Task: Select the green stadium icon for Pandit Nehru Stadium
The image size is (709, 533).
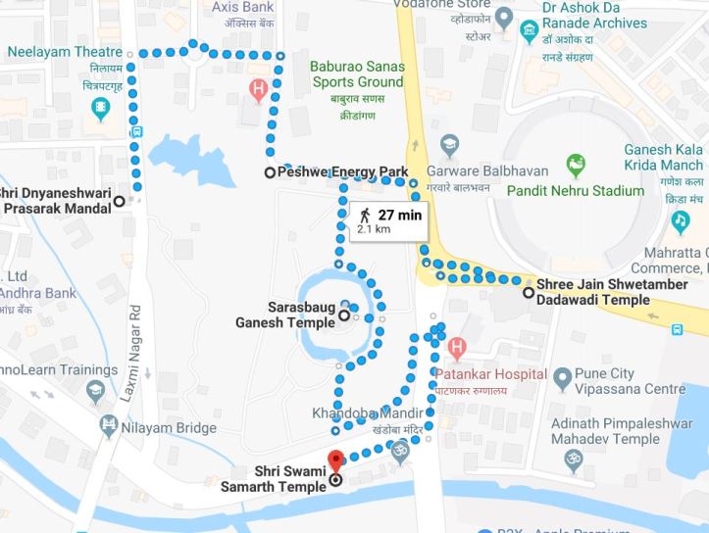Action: tap(575, 164)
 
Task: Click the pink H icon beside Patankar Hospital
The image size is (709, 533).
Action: tap(456, 348)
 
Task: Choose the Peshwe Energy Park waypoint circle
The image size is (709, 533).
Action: tap(270, 172)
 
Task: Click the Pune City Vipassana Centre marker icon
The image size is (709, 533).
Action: tap(562, 377)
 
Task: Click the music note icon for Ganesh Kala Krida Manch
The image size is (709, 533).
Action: tap(680, 222)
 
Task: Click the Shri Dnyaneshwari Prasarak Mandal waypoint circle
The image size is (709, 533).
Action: tap(119, 201)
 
